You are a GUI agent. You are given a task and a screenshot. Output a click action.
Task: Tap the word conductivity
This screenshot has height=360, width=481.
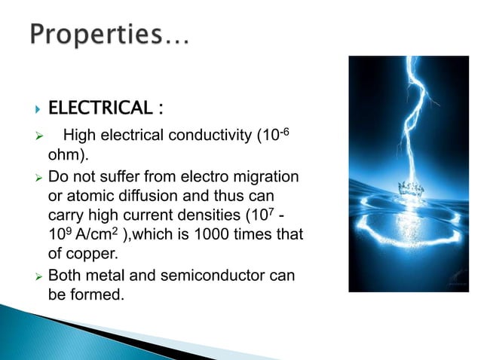(206, 136)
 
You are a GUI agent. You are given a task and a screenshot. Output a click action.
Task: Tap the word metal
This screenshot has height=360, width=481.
(104, 276)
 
